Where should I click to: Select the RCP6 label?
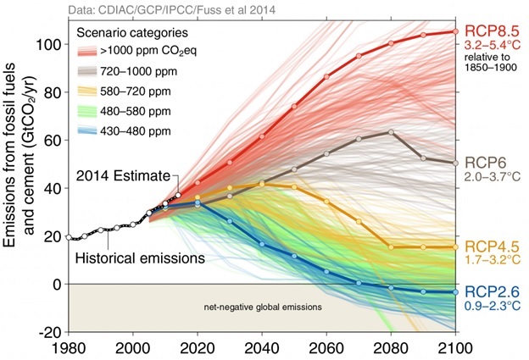pos(482,161)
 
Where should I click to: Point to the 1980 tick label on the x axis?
pos(69,347)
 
